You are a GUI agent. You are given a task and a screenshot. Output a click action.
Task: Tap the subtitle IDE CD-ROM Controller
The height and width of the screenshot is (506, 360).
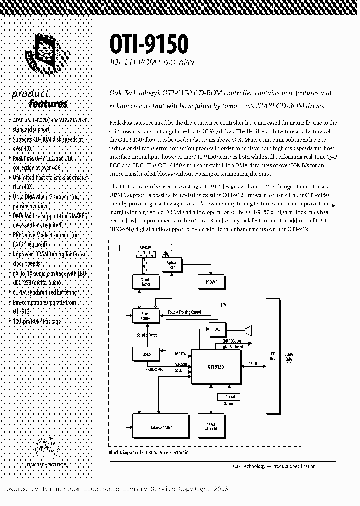[152, 63]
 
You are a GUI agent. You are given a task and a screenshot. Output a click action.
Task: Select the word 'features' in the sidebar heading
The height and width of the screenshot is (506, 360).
[48, 104]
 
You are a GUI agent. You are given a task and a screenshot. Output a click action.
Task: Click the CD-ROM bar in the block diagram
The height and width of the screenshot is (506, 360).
[146, 247]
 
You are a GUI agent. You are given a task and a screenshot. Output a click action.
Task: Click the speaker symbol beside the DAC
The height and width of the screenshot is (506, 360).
[246, 329]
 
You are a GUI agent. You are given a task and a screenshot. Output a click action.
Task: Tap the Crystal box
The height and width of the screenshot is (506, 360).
[229, 397]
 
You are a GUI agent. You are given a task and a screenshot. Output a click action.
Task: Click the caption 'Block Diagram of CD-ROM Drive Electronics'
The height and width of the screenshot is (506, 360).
[149, 452]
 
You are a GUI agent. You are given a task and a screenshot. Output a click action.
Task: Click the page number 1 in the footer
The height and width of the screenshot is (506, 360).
[329, 466]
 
